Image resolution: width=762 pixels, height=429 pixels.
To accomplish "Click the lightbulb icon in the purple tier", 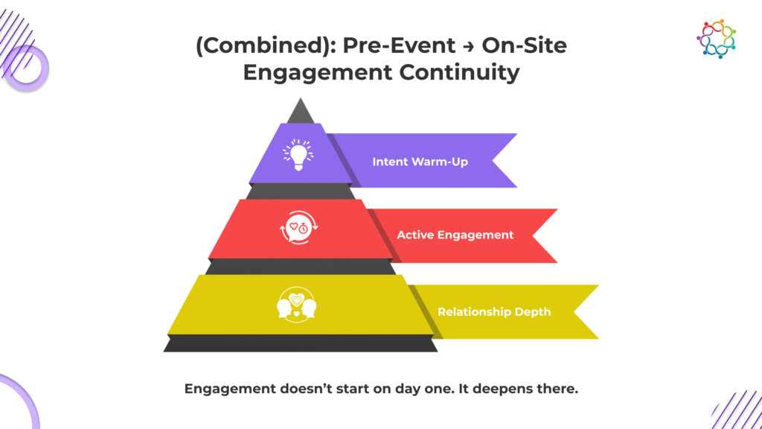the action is point(298,155).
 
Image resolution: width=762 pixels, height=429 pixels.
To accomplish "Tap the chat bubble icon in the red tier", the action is point(299,227).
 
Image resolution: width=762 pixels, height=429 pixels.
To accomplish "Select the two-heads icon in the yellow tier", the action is point(296,305).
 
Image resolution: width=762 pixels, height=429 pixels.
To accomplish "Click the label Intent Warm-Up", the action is point(420,162).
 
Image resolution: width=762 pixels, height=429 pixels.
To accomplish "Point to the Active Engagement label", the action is point(455,235).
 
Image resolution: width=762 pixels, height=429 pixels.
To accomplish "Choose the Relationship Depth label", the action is point(494,312).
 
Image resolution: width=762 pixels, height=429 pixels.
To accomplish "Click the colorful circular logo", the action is point(716,39).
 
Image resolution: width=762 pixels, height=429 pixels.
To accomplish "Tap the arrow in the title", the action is point(469,46).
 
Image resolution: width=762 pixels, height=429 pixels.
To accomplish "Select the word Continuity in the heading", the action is point(459,72).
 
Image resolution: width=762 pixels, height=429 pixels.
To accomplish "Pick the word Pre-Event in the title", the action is point(399,45).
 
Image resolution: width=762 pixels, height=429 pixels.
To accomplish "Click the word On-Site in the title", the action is point(525,45).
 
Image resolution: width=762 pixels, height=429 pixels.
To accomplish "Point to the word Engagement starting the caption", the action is point(229,390).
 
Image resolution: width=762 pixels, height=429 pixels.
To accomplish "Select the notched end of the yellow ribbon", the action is point(574,312).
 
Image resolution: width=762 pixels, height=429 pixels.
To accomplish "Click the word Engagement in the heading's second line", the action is point(317,74).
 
